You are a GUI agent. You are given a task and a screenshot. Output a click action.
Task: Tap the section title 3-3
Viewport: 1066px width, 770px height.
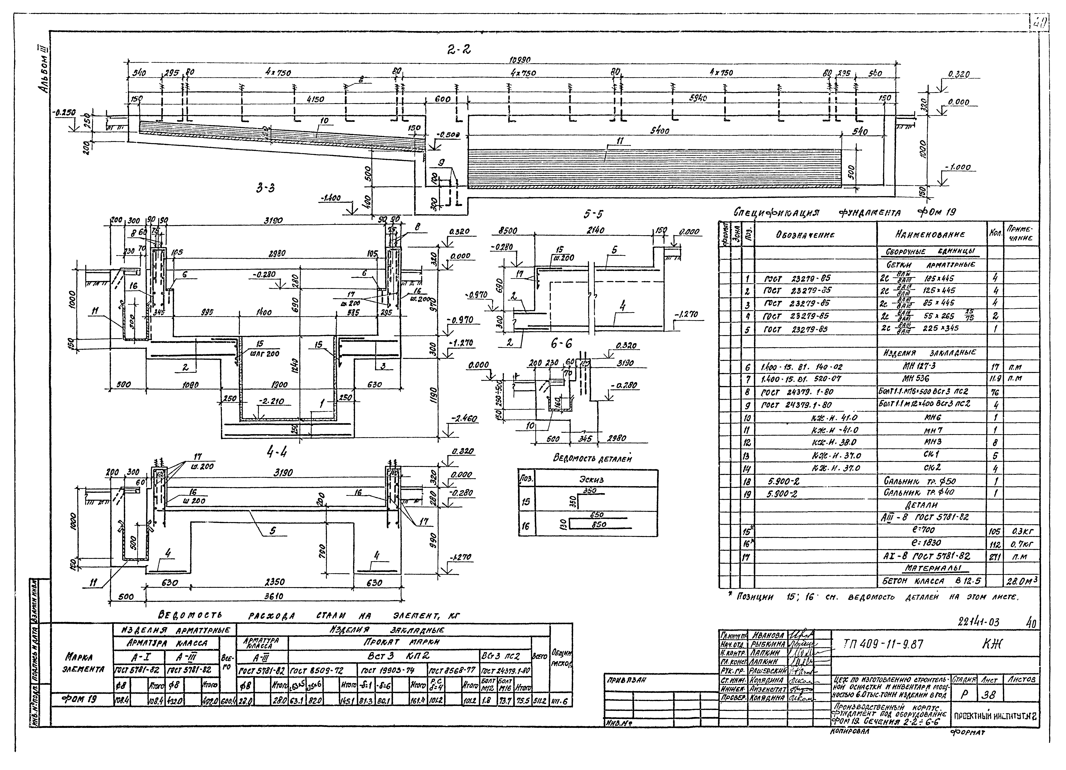(x=266, y=188)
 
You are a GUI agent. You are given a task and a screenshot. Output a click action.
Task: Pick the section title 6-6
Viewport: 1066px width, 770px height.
(x=562, y=344)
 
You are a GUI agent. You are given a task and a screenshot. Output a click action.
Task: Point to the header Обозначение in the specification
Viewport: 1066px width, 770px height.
(x=805, y=235)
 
